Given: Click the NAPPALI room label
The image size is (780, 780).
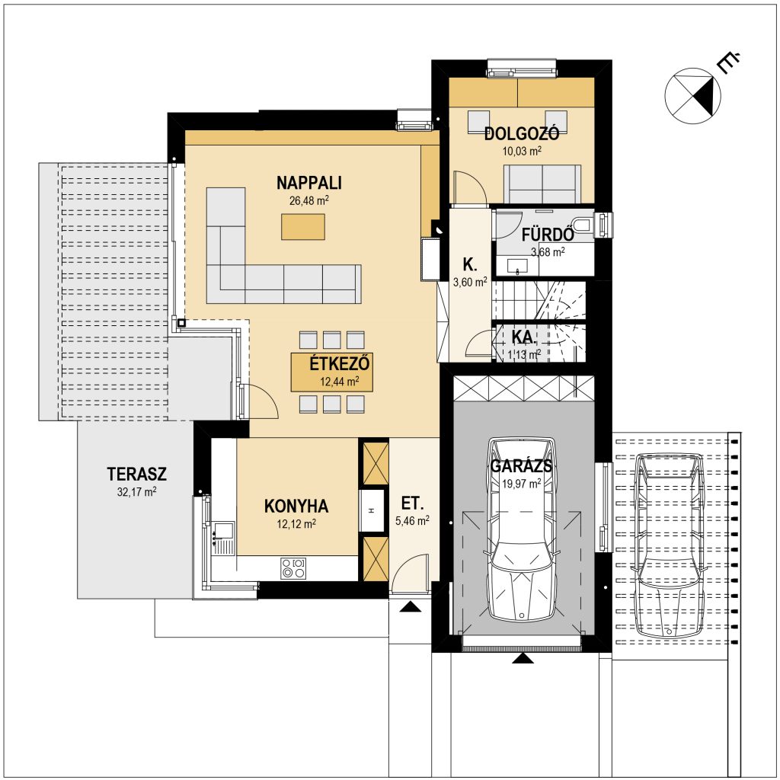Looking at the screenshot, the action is [x=309, y=183].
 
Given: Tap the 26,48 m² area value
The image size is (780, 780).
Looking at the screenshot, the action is [x=309, y=200].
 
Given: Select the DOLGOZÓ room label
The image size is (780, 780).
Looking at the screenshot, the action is [x=522, y=133].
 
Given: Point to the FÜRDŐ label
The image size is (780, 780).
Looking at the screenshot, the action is [x=548, y=235].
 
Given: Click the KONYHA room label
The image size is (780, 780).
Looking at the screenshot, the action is [x=296, y=506].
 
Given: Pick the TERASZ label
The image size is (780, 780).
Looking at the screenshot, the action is [x=137, y=474].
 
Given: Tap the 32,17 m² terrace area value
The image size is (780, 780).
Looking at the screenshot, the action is [x=137, y=492].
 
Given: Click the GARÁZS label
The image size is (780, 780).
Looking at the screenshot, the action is [x=521, y=466].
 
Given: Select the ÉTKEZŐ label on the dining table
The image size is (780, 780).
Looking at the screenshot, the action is [x=340, y=363].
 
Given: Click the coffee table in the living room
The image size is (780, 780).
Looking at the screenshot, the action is [x=303, y=227].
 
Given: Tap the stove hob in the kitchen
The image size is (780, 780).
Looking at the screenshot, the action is [x=293, y=568].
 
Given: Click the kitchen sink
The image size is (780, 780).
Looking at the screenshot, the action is [x=223, y=530].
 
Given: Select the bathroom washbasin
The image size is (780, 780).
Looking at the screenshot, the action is [x=517, y=266].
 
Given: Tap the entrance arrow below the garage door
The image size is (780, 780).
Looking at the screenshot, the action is [x=523, y=658].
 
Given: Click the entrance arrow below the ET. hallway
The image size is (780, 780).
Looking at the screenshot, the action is [x=410, y=606].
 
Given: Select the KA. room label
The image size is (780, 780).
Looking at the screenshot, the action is [x=524, y=337].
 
